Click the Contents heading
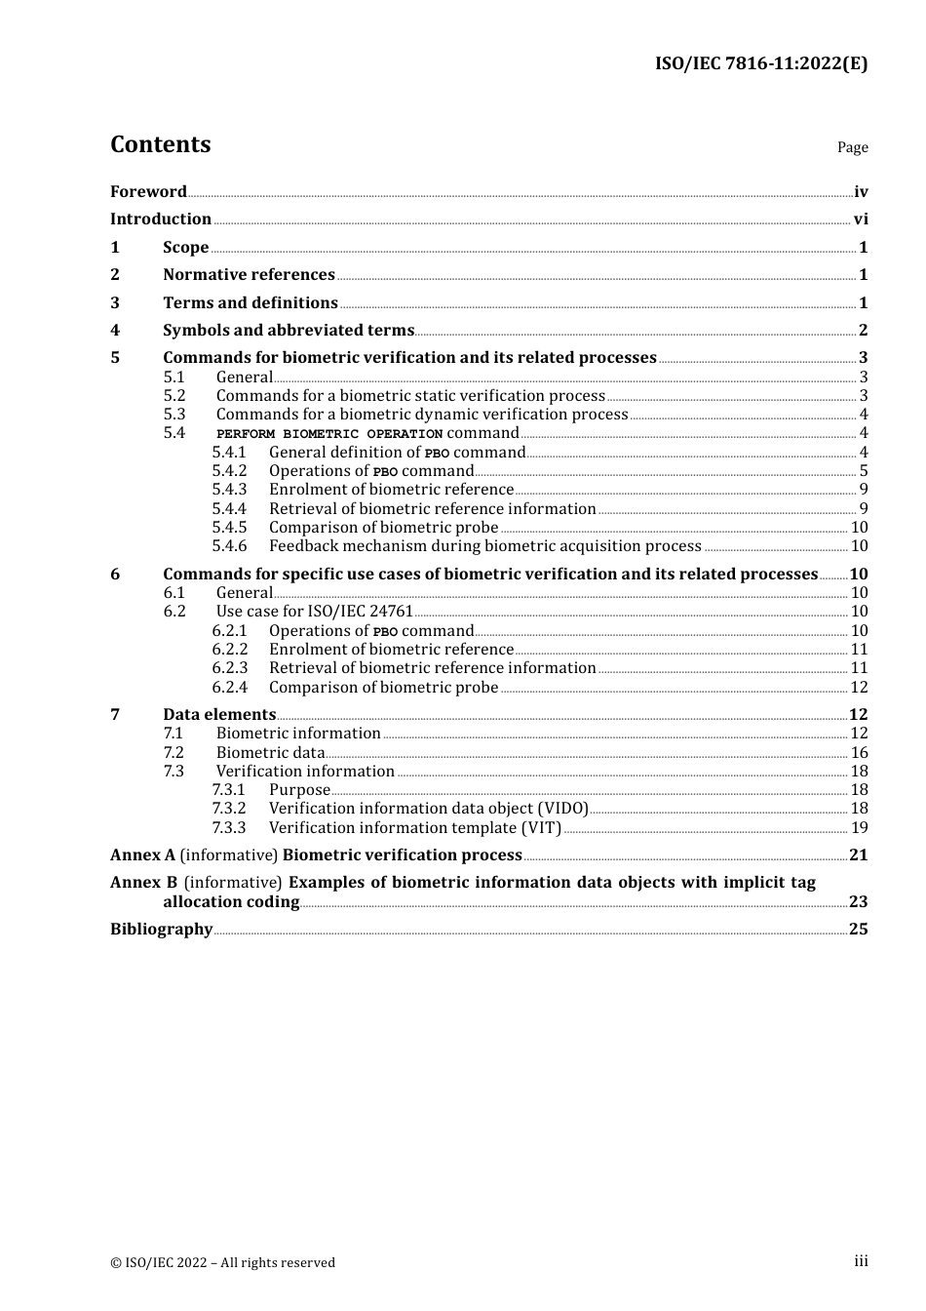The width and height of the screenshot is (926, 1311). point(160,144)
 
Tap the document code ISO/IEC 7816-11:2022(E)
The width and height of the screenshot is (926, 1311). point(760,63)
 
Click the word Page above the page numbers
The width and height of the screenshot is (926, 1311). point(852,147)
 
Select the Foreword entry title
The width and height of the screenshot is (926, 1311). point(148,192)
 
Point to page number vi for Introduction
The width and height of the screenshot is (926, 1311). point(861,219)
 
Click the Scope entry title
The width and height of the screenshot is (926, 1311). point(185,248)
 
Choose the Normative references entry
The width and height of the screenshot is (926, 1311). point(249,275)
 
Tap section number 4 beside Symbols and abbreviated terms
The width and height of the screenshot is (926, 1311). point(115,331)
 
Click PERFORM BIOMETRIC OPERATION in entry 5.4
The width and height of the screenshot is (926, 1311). point(329,434)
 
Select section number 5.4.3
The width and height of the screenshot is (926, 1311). point(229,490)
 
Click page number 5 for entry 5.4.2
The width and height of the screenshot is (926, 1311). point(864,471)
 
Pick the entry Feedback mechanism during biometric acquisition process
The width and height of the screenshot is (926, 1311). point(484,546)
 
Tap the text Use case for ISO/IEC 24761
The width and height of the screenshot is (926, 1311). point(314,612)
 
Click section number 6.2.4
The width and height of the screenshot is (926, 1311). point(229,688)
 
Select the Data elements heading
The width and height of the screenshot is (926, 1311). point(219,715)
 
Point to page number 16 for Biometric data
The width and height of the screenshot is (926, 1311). point(859,753)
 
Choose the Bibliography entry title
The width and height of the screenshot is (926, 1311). point(161,930)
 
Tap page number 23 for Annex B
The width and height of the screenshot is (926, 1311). point(858,902)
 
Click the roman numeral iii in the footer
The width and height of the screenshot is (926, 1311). point(861,1261)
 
